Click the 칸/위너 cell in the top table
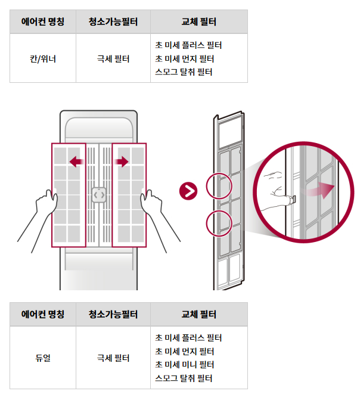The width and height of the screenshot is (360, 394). point(43,59)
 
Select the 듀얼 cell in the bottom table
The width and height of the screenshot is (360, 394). point(43,358)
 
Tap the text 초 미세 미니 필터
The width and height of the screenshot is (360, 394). point(184,365)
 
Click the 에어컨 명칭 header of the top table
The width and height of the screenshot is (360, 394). point(43,22)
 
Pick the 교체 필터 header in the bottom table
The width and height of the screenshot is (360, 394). point(198,314)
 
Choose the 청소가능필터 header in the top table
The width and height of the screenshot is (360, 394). point(113,22)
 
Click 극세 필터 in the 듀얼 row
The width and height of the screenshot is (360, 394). point(113,358)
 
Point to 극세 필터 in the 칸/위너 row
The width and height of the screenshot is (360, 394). point(113,59)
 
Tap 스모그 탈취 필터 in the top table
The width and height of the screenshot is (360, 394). point(184,73)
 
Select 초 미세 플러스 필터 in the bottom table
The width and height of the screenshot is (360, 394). point(188,337)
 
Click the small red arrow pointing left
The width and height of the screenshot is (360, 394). point(76,161)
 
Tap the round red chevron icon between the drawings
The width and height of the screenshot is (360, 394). point(189,191)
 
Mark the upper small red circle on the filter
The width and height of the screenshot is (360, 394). point(218,185)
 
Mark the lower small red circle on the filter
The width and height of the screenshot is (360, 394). point(218,224)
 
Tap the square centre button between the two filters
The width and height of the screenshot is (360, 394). point(99,194)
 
